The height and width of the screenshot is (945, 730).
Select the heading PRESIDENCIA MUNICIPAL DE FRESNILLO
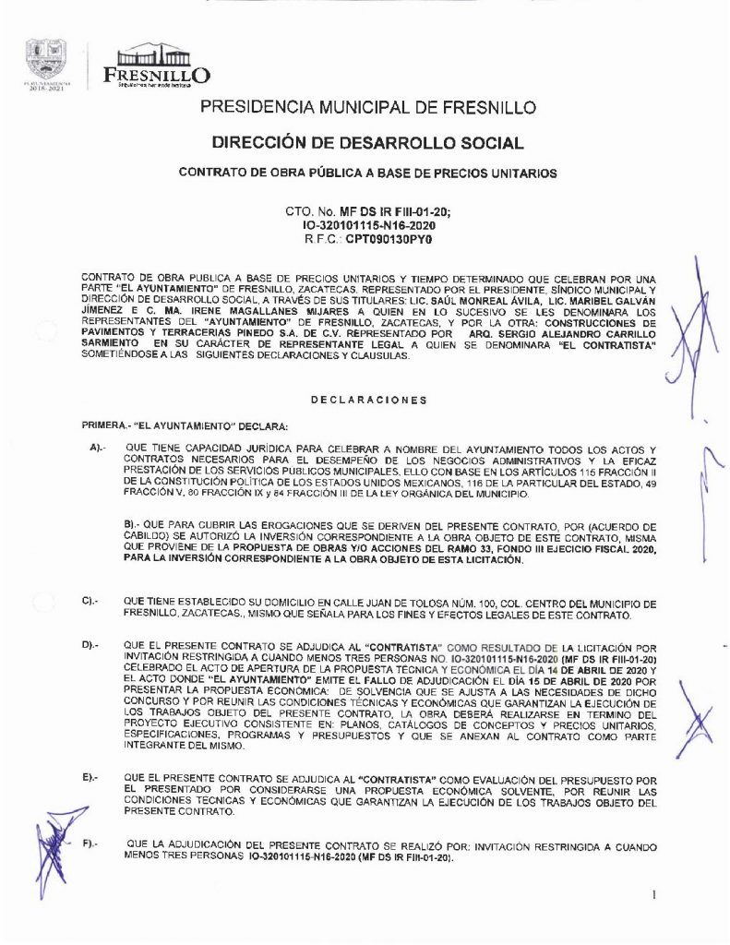[x=367, y=108]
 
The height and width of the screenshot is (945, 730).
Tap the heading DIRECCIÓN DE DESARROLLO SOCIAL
[x=367, y=143]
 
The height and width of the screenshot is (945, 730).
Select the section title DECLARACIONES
[x=368, y=400]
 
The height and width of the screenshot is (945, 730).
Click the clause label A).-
[x=98, y=447]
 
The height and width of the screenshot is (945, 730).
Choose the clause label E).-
[x=90, y=780]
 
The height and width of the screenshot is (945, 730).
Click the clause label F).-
[x=92, y=845]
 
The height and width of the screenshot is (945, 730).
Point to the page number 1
[x=653, y=893]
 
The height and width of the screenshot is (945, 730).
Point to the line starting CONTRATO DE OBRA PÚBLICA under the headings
[x=367, y=173]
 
